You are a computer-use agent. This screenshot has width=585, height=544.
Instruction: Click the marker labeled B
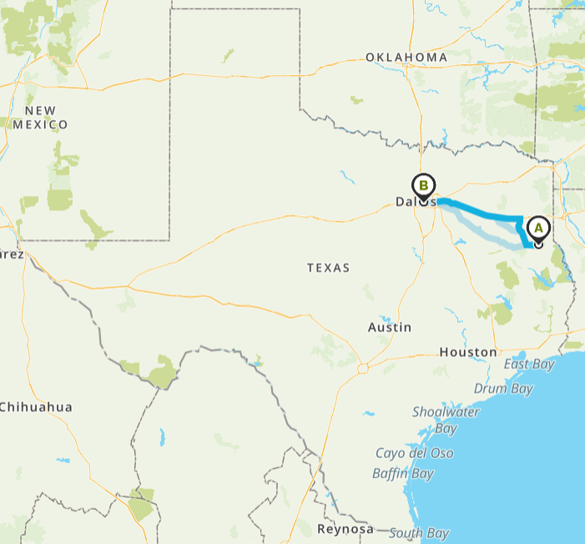(x=423, y=186)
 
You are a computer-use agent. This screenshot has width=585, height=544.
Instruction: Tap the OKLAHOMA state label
(x=406, y=57)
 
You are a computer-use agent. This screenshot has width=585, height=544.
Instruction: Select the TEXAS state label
(x=328, y=268)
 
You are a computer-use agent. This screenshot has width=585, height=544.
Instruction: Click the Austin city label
(x=389, y=327)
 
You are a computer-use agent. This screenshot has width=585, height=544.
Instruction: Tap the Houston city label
(x=468, y=352)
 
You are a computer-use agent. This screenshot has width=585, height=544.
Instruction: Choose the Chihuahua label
(x=35, y=407)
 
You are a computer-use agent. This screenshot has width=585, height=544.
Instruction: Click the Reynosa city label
(x=345, y=529)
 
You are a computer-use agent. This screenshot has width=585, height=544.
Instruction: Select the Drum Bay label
(x=503, y=388)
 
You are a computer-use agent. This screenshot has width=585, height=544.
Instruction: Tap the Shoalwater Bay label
(x=446, y=420)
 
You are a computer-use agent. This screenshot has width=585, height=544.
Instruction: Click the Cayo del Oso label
(x=415, y=453)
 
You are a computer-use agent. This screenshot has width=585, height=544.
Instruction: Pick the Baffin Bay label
(x=405, y=474)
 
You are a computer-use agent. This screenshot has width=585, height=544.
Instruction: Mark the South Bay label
(x=419, y=533)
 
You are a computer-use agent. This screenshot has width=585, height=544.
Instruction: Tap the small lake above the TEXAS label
(x=345, y=176)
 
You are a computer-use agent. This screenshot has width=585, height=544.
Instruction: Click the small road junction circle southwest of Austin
(x=363, y=367)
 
